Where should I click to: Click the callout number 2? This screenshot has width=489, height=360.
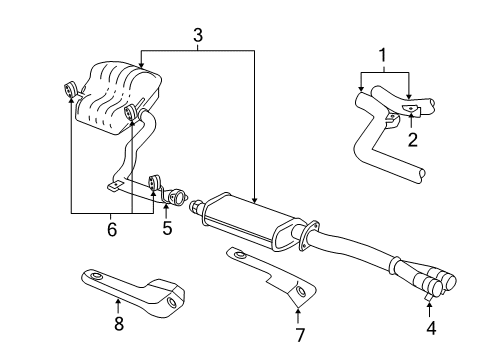click(x=411, y=141)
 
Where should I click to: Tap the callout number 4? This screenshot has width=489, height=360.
click(x=431, y=326)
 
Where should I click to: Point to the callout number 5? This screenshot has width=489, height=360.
click(x=167, y=228)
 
